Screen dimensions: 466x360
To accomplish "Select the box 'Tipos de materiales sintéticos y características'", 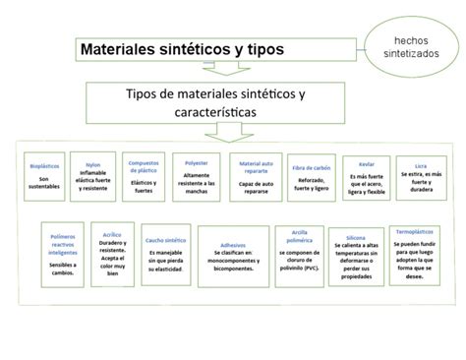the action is pos(215,103).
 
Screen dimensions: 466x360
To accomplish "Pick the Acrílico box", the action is pos(112,251).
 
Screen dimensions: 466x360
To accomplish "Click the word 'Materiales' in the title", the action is pos(117,48).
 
